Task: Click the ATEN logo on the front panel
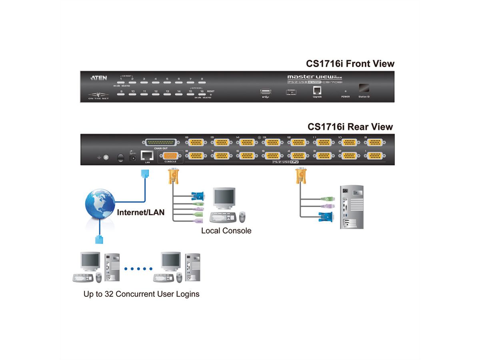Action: pos(99,78)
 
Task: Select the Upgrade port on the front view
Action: pos(317,90)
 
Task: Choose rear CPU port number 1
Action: pos(373,156)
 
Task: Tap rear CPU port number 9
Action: pos(373,143)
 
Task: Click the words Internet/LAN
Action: pos(140,212)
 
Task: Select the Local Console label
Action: pos(226,231)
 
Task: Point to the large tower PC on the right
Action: pos(352,207)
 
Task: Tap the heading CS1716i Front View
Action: pos(350,64)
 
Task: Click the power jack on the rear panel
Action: pos(132,158)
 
